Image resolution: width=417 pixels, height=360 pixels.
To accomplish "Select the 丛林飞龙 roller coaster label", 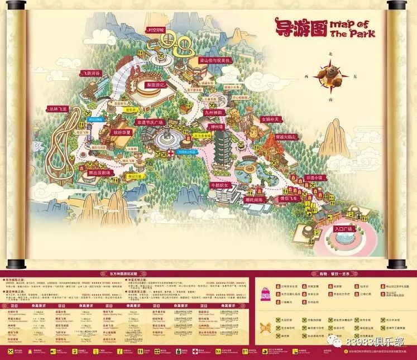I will click(x=58, y=110).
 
